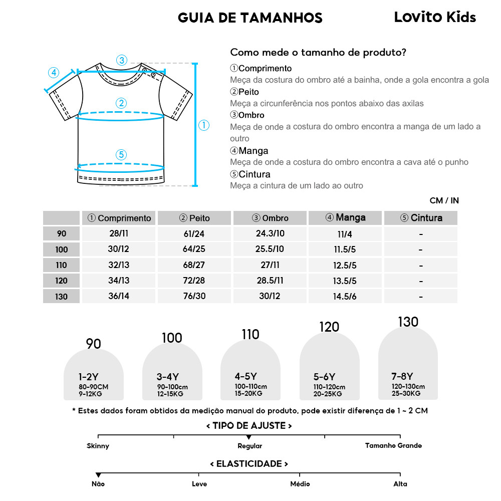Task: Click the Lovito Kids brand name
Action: point(435,18)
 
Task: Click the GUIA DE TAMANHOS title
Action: point(250,18)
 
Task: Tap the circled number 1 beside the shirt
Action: point(204,125)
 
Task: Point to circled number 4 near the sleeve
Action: point(54,73)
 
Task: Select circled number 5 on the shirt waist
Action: point(121,155)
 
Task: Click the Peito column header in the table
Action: point(194,218)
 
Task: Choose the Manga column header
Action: point(345,218)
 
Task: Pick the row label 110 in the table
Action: point(61,265)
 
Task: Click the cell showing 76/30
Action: point(194,296)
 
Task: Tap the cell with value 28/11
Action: point(119,234)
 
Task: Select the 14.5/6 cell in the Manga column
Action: point(345,297)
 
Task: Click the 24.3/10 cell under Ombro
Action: point(270,234)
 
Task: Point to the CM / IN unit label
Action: point(444,201)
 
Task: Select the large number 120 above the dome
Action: point(329,327)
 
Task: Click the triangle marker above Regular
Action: point(249,438)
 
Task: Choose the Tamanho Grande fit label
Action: point(393,446)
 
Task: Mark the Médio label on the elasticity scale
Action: point(300,484)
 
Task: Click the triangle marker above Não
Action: point(98,475)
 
